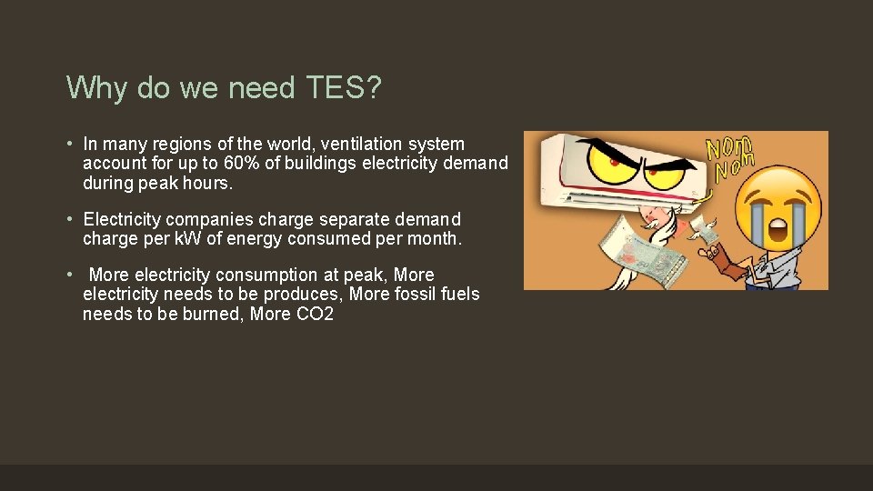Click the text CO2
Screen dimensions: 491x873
(316, 314)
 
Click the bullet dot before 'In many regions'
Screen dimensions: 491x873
(70, 144)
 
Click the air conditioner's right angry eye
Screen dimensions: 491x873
(667, 170)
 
